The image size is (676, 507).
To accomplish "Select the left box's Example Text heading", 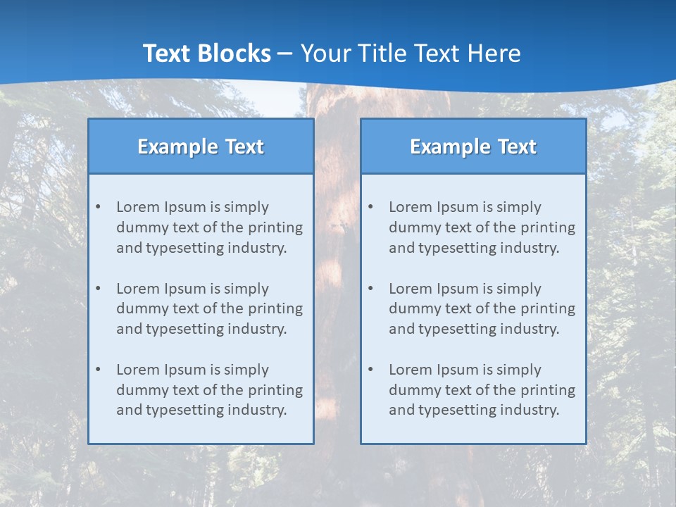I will [201, 146].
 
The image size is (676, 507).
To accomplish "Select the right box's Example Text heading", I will [473, 146].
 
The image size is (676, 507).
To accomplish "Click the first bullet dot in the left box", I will [99, 207].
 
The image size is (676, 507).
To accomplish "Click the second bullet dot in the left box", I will [99, 289].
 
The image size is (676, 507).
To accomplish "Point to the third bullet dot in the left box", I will [99, 370].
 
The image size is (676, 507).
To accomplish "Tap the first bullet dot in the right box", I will [371, 207].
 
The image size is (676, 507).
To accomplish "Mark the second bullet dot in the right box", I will [371, 289].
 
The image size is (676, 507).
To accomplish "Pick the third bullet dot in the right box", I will [371, 370].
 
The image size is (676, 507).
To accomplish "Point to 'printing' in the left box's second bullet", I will [277, 308].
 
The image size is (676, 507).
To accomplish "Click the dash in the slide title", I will [285, 54].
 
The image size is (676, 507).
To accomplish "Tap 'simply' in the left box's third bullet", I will [247, 370].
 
